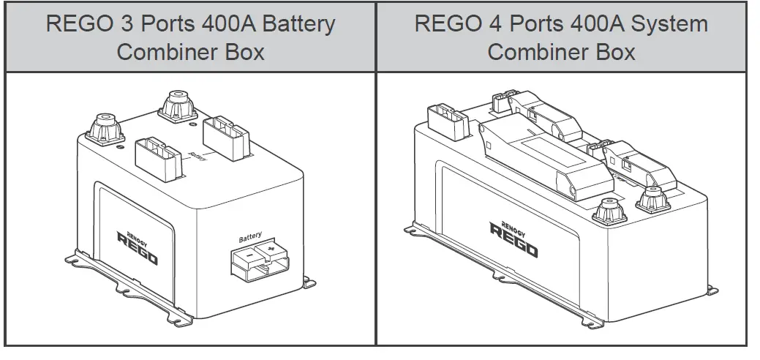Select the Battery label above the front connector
tap(249, 238)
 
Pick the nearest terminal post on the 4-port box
tap(609, 211)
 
